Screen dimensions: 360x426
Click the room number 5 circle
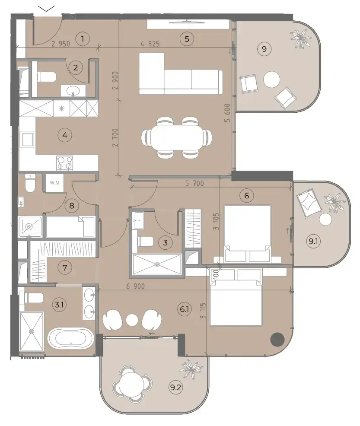point(187,39)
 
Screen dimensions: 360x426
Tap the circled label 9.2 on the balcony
point(175,387)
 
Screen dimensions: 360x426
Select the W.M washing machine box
point(54,183)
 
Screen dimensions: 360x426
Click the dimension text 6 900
point(135,286)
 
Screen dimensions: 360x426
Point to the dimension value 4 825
point(150,44)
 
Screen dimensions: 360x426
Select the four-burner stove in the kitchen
point(65,163)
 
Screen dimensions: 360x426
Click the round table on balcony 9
point(271,79)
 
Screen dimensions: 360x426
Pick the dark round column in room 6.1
point(277,339)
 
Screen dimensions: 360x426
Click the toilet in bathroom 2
point(46,77)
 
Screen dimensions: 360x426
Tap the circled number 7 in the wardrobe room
point(65,267)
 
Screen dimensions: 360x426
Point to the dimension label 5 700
point(194,183)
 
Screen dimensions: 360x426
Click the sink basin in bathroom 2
point(73,90)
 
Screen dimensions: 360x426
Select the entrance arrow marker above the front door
point(47,9)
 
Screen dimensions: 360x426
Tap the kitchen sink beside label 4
point(27,140)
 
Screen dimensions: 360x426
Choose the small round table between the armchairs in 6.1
point(132,320)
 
